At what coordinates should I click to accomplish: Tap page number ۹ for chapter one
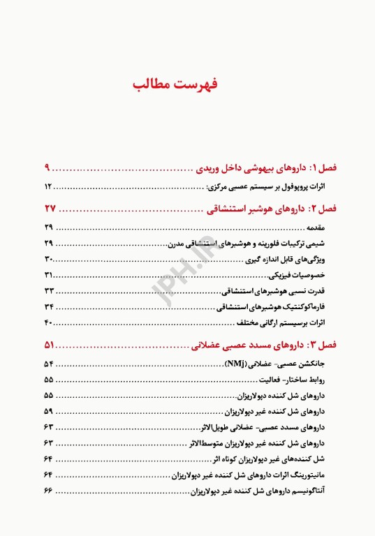click(x=47, y=168)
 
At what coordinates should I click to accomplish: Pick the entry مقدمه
click(x=318, y=228)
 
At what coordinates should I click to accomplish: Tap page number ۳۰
click(x=49, y=260)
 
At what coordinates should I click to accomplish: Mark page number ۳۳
click(x=49, y=290)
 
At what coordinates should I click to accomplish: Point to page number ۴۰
click(x=49, y=322)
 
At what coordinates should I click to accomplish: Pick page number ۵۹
click(x=48, y=411)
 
